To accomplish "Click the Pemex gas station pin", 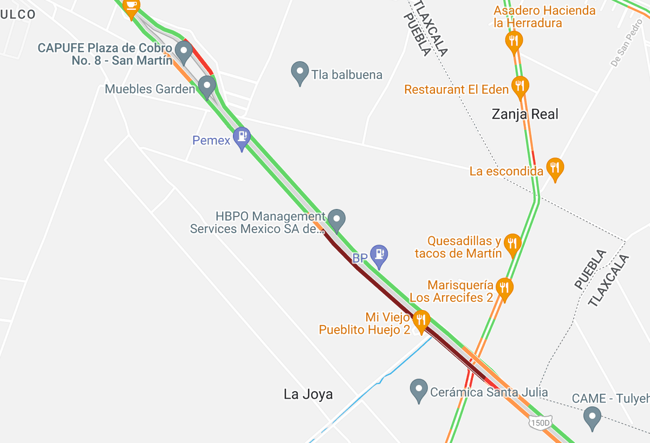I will (242, 137).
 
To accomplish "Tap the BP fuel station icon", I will (379, 255).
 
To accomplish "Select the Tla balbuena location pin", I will (300, 72).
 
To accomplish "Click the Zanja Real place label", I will (524, 114).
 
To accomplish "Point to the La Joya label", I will (308, 394).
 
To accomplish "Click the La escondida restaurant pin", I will (555, 168).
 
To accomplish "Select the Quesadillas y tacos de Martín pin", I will (512, 244).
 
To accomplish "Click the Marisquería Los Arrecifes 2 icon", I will (504, 288).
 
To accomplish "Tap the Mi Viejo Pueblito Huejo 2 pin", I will (421, 320).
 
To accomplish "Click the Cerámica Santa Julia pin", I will (418, 389).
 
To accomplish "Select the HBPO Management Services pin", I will (337, 219).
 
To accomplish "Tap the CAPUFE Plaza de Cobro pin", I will (184, 52).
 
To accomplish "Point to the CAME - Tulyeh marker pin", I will (592, 417).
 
